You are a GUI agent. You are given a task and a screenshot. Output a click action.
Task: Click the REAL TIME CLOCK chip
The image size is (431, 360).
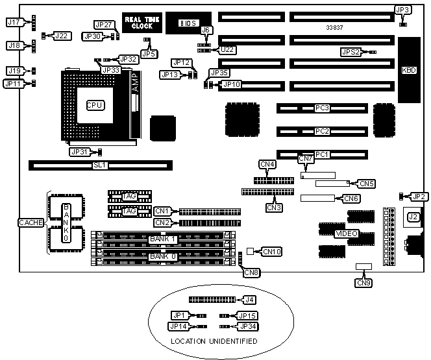138,23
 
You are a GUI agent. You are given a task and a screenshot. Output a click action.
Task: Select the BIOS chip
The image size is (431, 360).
188,23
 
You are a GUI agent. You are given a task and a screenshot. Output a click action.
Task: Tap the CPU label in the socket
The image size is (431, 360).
96,104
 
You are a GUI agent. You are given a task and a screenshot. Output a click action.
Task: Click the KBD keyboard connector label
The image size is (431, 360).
410,69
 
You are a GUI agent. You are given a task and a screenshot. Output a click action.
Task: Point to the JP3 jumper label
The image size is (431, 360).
402,10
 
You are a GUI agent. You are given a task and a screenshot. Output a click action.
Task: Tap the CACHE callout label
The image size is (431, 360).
31,223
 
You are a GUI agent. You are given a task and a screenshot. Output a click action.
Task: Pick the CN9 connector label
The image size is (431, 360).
364,282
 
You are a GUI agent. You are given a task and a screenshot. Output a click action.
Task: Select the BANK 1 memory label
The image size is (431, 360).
163,239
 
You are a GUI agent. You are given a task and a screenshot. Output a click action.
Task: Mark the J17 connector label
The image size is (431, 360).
14,22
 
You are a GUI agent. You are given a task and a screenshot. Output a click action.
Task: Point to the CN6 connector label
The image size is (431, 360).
351,198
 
